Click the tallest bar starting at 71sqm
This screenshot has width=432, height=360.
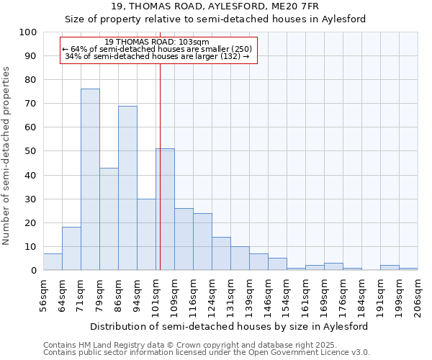(x=90, y=180)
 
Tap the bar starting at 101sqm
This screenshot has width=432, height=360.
(x=165, y=210)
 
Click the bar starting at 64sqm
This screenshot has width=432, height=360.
(x=71, y=249)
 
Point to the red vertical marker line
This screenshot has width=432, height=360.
(x=160, y=166)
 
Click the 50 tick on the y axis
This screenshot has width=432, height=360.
(x=30, y=151)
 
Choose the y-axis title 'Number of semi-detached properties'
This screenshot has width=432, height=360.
(x=7, y=156)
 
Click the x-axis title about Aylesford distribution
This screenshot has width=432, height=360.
(x=229, y=326)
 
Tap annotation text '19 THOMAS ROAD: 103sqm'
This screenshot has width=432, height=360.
(x=157, y=42)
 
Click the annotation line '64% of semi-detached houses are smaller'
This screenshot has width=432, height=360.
(x=157, y=49)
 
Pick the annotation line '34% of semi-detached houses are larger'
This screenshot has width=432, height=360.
(x=157, y=56)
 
